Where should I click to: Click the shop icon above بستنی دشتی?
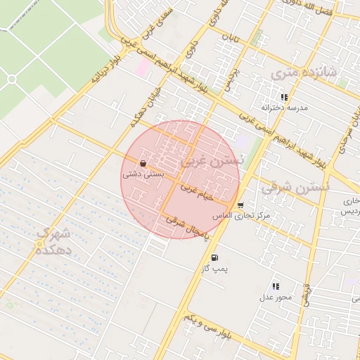click(143, 163)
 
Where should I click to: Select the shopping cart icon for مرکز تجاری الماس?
click(241, 205)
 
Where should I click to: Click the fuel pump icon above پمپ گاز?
click(214, 257)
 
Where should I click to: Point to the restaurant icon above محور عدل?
click(275, 286)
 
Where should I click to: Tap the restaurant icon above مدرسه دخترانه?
click(284, 97)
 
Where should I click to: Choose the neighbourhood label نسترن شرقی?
click(295, 188)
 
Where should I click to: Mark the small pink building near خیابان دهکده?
click(143, 68)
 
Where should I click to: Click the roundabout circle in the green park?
click(11, 79)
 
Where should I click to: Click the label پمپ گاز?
click(214, 269)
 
